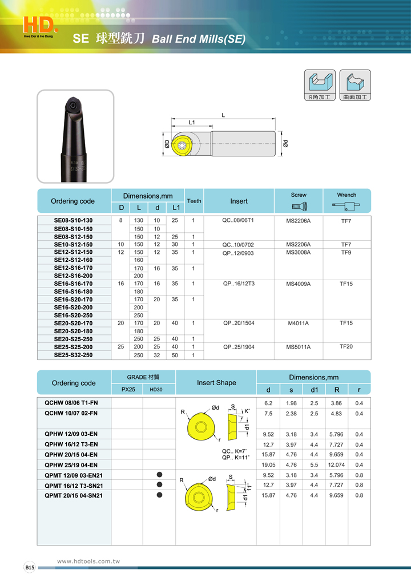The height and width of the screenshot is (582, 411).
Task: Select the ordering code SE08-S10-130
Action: [73, 220]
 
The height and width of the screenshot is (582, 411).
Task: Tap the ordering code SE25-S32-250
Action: [73, 355]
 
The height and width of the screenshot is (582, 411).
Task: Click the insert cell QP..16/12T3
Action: [239, 283]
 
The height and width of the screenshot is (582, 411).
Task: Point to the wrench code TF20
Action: [346, 346]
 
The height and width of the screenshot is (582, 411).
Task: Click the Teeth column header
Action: [194, 201]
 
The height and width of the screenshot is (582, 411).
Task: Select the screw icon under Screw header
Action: [299, 206]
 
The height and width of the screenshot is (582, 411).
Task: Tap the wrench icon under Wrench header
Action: [346, 206]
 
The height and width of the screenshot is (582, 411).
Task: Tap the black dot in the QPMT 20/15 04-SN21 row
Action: [159, 495]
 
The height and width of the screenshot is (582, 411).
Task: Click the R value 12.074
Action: [336, 464]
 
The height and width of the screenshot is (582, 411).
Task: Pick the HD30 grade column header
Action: [156, 390]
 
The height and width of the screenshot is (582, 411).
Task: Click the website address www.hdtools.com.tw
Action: [88, 561]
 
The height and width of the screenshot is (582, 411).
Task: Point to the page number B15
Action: [30, 568]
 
